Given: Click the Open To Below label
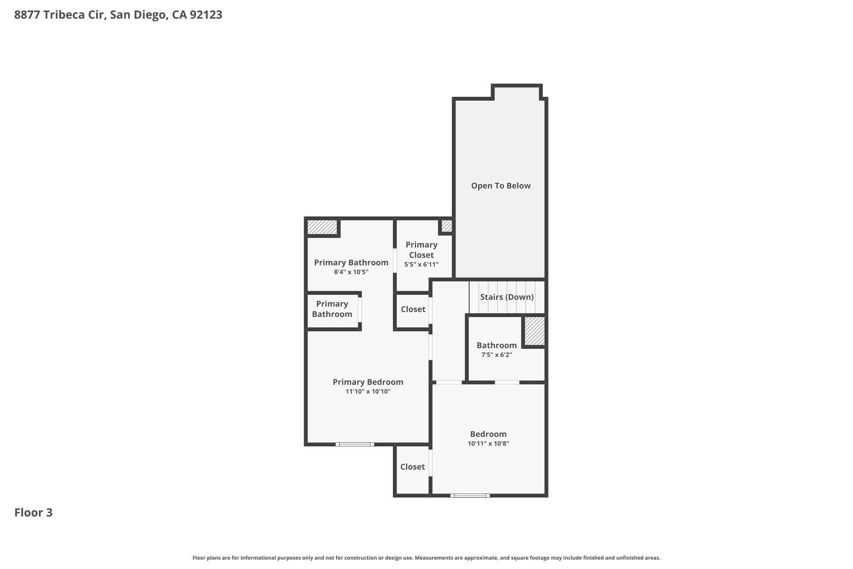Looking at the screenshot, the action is tap(501, 186).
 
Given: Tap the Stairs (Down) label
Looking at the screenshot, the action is tap(507, 297).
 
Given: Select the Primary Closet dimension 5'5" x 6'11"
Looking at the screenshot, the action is tap(422, 264).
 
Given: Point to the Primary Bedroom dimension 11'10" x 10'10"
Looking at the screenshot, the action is tap(368, 391).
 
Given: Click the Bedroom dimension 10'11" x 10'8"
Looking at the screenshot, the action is tap(488, 444).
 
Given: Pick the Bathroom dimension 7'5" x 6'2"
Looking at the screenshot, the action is tap(496, 355).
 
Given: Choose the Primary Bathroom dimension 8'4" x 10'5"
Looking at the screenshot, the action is tap(351, 272).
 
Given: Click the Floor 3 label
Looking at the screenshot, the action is tap(33, 513).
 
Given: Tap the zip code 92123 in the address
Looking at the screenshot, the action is tap(206, 15).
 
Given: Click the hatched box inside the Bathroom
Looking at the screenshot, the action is tap(534, 331).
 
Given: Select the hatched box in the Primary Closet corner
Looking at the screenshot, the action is tap(446, 226).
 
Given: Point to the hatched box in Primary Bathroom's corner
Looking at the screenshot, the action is tap(322, 227).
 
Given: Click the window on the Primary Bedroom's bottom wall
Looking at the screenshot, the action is tap(355, 444).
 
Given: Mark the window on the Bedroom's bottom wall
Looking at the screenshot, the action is tap(470, 496).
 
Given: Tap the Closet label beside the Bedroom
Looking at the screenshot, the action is tap(412, 467).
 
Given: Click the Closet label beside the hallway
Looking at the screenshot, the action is tap(413, 309).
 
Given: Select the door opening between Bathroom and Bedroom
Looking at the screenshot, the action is tap(507, 382).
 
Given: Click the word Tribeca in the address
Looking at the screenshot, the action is tap(65, 15).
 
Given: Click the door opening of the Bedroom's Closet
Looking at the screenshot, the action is tap(431, 463).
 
